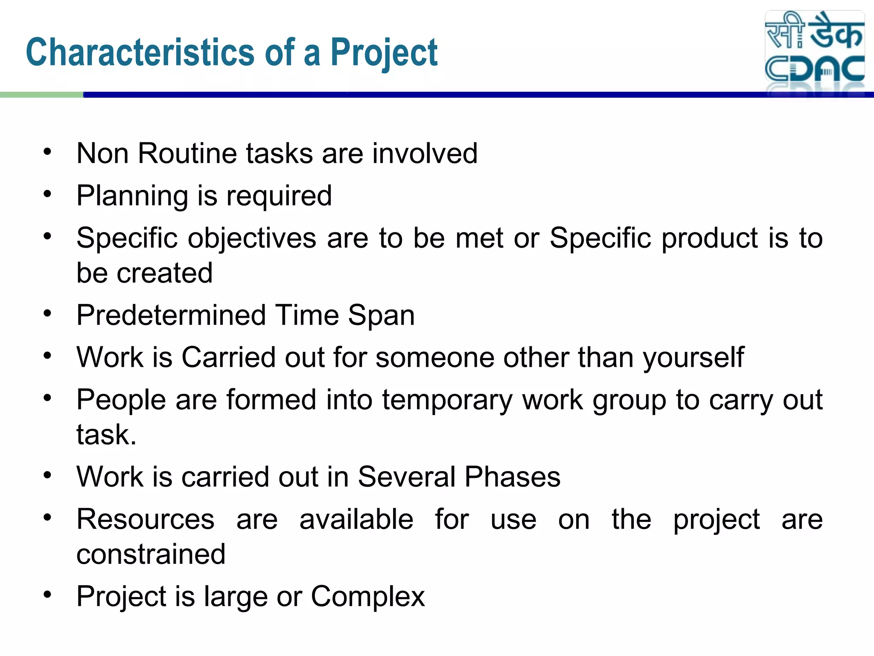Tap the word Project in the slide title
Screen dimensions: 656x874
384,53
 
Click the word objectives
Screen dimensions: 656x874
252,238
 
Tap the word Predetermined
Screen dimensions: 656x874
171,315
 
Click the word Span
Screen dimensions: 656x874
381,315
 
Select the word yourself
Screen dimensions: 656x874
693,357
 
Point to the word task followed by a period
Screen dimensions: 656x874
106,435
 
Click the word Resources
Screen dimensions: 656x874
145,519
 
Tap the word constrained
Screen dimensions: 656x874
151,554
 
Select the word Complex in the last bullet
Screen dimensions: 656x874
367,596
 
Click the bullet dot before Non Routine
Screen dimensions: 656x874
47,152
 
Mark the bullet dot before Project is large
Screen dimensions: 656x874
47,594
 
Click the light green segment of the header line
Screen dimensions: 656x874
41,95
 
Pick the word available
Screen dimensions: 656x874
356,519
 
